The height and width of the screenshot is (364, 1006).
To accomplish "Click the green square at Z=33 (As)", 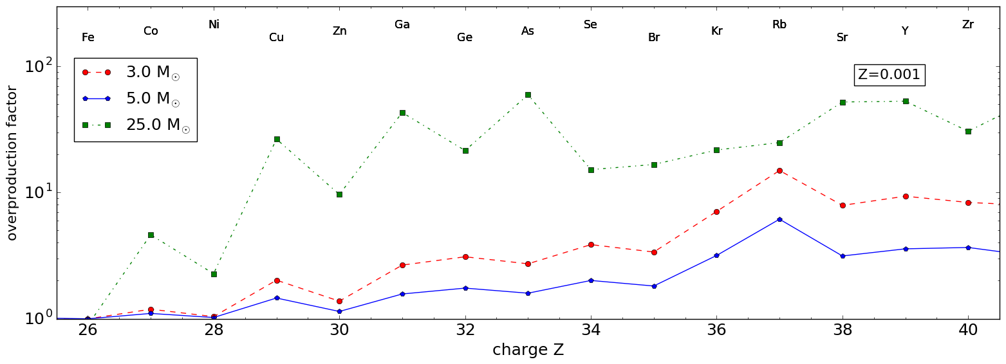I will coord(528,95).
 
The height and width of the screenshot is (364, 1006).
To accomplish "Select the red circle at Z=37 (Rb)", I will coord(779,170).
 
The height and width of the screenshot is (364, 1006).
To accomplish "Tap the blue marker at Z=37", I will coord(779,219).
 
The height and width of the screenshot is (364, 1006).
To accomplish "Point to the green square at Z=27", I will coord(151,235).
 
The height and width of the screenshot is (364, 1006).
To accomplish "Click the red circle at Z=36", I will coord(716,212).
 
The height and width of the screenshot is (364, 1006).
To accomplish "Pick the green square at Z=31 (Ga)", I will coord(402,113).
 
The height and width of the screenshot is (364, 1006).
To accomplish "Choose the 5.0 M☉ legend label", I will coord(152,98).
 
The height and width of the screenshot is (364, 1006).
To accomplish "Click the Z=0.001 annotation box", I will coord(889,75).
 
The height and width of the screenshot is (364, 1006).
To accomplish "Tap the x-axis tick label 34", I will coord(591,331).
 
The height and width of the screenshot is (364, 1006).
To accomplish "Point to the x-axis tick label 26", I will coord(88,331).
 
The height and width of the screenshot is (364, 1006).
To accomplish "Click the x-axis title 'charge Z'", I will coord(528,350).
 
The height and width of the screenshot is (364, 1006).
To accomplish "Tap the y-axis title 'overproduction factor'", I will coord(12,163).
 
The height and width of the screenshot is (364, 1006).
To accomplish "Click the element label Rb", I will coord(779,25).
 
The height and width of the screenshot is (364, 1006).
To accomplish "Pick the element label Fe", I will coord(88,38).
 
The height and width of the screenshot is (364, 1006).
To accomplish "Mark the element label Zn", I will coord(339,31).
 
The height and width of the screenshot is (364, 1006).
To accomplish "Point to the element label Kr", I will coord(716,31).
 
